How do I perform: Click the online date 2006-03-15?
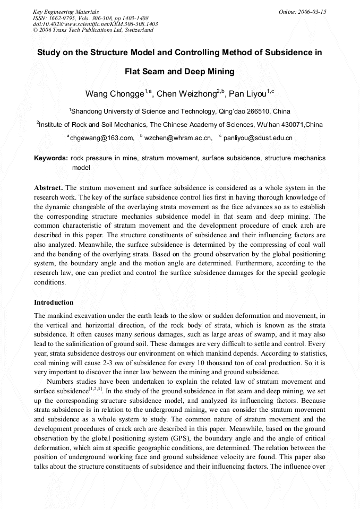[x=312, y=12]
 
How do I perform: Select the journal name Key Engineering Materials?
[x=66, y=12]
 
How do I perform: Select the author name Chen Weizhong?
[x=186, y=94]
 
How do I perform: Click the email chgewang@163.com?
[x=102, y=138]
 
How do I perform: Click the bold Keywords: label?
[x=51, y=158]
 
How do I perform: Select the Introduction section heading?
[x=54, y=303]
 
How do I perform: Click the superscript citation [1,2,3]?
[x=101, y=389]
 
